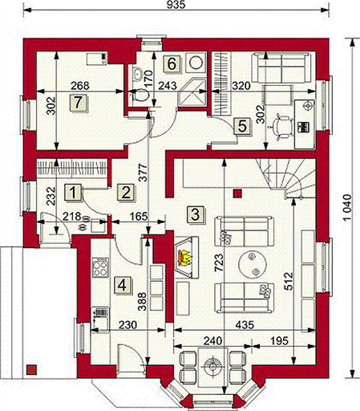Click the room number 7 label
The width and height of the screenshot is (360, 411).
(79, 104)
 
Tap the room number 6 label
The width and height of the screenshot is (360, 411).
(172, 64)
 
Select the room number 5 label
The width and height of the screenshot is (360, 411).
(243, 126)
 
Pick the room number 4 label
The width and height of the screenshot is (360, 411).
(123, 285)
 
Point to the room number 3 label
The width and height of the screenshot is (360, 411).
(196, 214)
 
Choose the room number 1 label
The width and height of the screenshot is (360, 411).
(73, 192)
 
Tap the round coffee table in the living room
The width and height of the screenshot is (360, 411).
(253, 264)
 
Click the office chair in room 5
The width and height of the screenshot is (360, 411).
(281, 126)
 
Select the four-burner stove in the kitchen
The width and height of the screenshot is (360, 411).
(100, 267)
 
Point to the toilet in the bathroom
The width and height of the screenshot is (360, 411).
(140, 95)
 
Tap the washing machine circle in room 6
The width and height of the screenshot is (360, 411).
(196, 63)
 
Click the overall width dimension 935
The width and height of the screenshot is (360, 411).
(176, 5)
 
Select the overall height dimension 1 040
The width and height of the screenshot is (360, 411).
(347, 207)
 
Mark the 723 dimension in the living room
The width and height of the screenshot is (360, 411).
(219, 262)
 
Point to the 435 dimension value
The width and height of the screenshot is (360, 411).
(245, 325)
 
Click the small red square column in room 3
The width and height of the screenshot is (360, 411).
(237, 193)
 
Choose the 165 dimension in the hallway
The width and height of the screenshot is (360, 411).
(140, 216)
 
